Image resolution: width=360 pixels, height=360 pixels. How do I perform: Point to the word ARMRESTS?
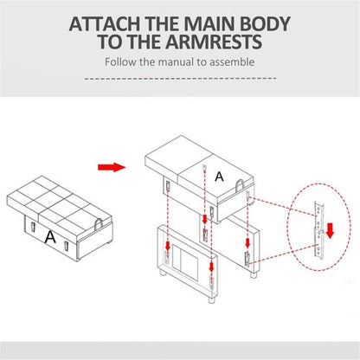pyautogui.click(x=214, y=42)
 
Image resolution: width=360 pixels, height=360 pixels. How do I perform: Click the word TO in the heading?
pyautogui.click(x=112, y=42)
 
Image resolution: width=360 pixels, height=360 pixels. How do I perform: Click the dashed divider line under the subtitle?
pyautogui.click(x=180, y=78)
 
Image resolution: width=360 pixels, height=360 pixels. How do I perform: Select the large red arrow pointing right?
pyautogui.click(x=112, y=167)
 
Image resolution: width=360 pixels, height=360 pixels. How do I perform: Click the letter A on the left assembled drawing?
pyautogui.click(x=50, y=237)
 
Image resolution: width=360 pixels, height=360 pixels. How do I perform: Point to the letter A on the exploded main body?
pyautogui.click(x=219, y=177)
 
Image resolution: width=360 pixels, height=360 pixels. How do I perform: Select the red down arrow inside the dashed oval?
pyautogui.click(x=330, y=230)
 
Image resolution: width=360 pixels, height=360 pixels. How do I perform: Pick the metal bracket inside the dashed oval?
pyautogui.click(x=318, y=230)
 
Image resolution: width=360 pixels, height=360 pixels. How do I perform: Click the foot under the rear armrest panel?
pyautogui.click(x=254, y=275)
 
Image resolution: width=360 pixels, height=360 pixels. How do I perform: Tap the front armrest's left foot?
pyautogui.click(x=164, y=273)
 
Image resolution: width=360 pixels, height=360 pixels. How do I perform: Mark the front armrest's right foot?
pyautogui.click(x=212, y=300)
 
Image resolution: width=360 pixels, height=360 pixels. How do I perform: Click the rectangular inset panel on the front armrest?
pyautogui.click(x=185, y=262)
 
